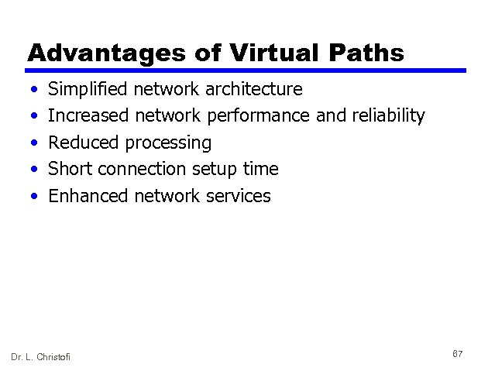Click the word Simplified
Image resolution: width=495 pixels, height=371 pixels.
[x=88, y=90]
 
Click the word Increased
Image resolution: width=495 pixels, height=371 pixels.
[x=88, y=116]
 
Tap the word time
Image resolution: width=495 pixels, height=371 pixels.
[x=260, y=169]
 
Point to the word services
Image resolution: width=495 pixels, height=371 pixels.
[x=239, y=195]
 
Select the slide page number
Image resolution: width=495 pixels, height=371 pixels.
[x=457, y=353]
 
